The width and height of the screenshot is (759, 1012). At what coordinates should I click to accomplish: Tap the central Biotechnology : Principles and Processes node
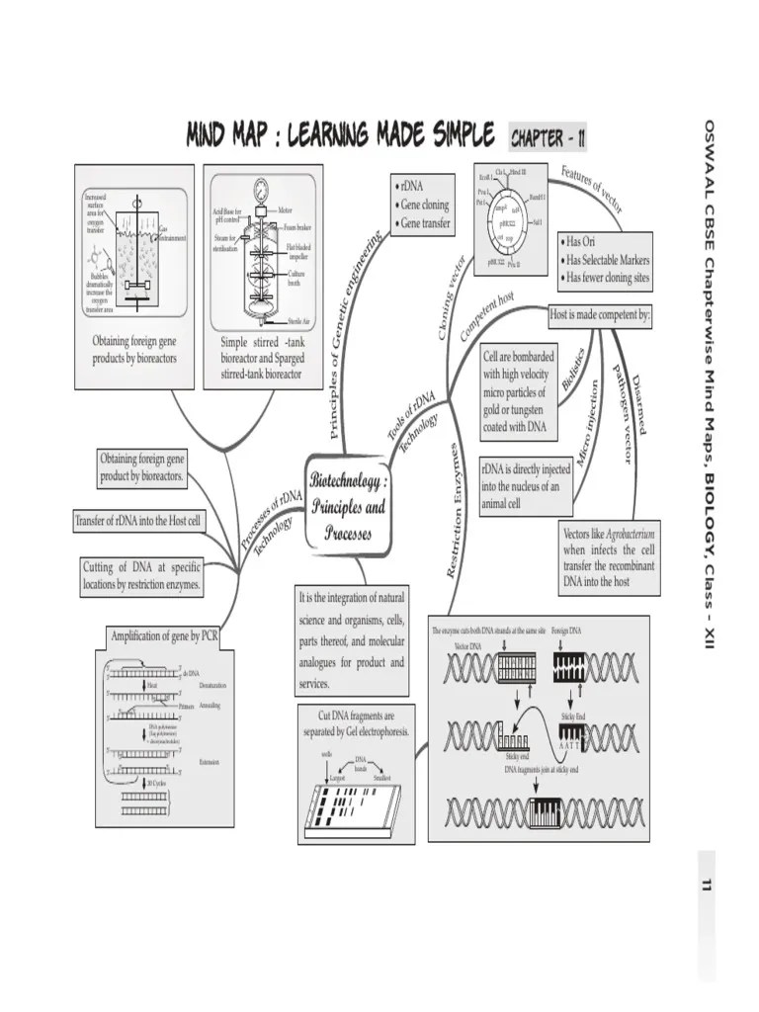[347, 507]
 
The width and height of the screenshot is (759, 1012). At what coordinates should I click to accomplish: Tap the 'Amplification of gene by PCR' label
[164, 635]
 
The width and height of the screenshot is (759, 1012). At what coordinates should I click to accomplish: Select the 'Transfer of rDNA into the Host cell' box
[139, 521]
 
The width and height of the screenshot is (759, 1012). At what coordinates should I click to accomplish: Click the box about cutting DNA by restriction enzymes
[142, 575]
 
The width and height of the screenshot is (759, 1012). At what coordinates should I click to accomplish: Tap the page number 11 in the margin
[706, 884]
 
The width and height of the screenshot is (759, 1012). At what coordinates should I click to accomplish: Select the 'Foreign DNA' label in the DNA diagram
[567, 631]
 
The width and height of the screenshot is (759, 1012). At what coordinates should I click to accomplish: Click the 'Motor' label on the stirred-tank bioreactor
[285, 210]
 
